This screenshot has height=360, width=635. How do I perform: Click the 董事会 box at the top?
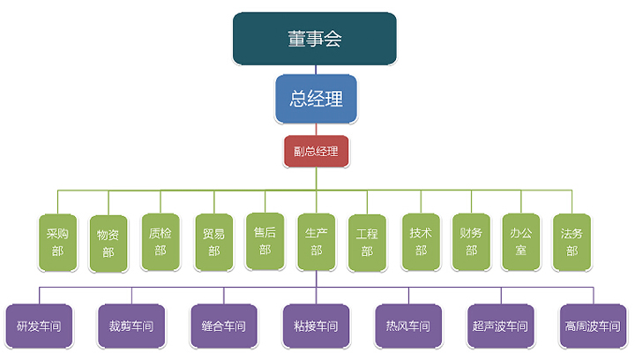click(315, 39)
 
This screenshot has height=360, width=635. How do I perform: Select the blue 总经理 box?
click(316, 98)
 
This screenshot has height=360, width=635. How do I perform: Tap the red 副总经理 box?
click(316, 150)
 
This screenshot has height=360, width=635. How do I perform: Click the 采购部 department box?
click(57, 242)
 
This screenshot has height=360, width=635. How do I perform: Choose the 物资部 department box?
click(108, 243)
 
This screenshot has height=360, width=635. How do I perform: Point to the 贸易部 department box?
click(213, 242)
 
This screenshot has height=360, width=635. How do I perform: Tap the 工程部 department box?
click(367, 243)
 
